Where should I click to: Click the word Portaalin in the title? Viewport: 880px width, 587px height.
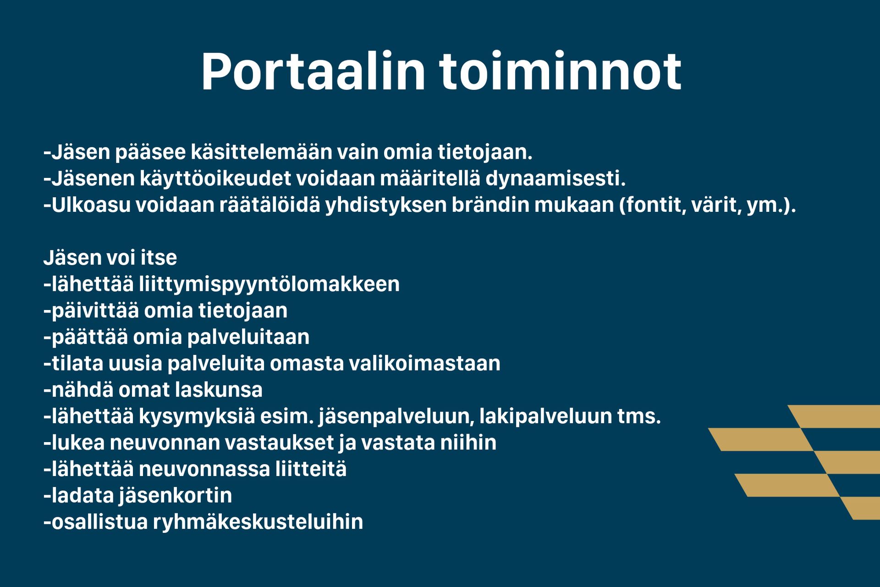[313, 72]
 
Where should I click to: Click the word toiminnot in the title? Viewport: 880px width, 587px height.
[561, 72]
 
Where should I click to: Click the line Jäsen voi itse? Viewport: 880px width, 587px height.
[110, 258]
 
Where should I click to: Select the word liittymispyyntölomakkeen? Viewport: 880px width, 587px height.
[269, 285]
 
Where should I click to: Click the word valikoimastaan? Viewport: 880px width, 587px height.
[424, 364]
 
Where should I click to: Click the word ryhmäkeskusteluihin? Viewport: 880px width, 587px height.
[258, 522]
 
